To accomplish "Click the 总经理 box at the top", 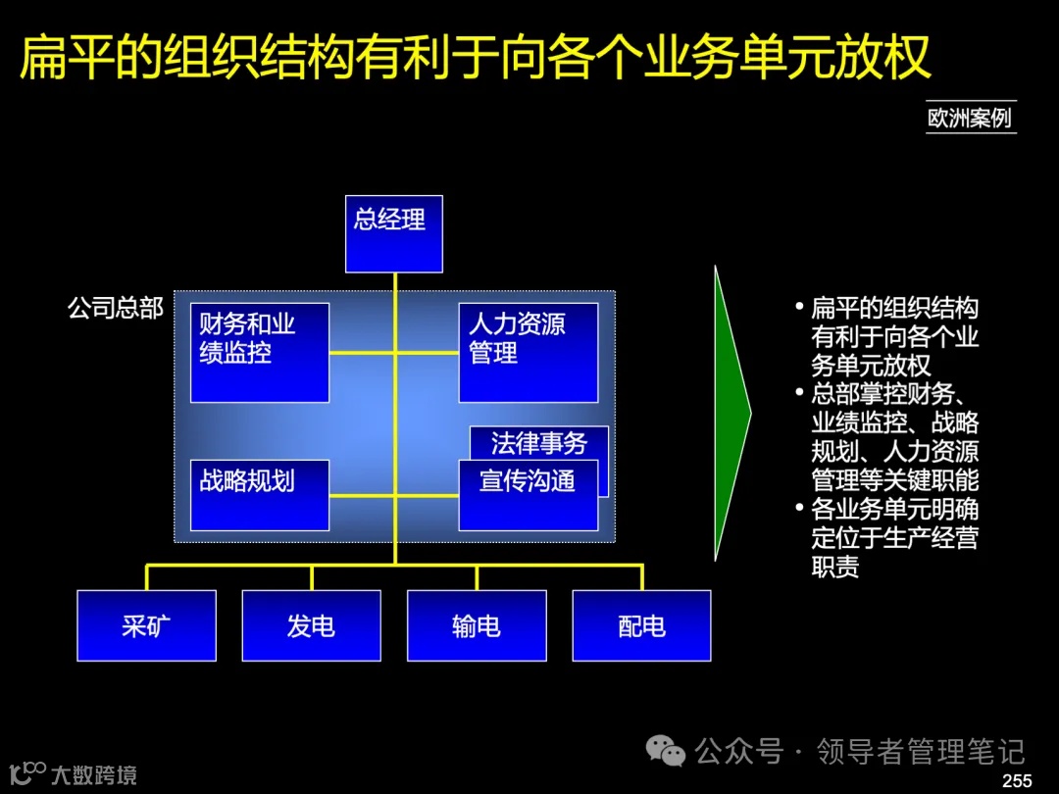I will pos(394,233).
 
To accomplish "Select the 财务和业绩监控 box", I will pos(260,353).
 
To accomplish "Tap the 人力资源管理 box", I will pos(529,353).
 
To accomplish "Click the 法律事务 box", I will pos(539,442).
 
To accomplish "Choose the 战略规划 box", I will pos(260,495).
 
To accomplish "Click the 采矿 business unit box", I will pos(147,625).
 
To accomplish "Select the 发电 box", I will pos(312,625).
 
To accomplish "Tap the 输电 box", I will pos(477,625).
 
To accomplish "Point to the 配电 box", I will pos(641,625).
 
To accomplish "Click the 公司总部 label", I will pos(115,308).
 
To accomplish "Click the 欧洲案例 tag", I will pos(970,119).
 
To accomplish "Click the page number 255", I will pos(1017,780).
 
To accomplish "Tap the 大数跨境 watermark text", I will pos(94,775).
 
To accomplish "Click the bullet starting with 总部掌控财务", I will pos(894,438).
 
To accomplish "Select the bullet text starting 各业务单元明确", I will pos(894,538).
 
